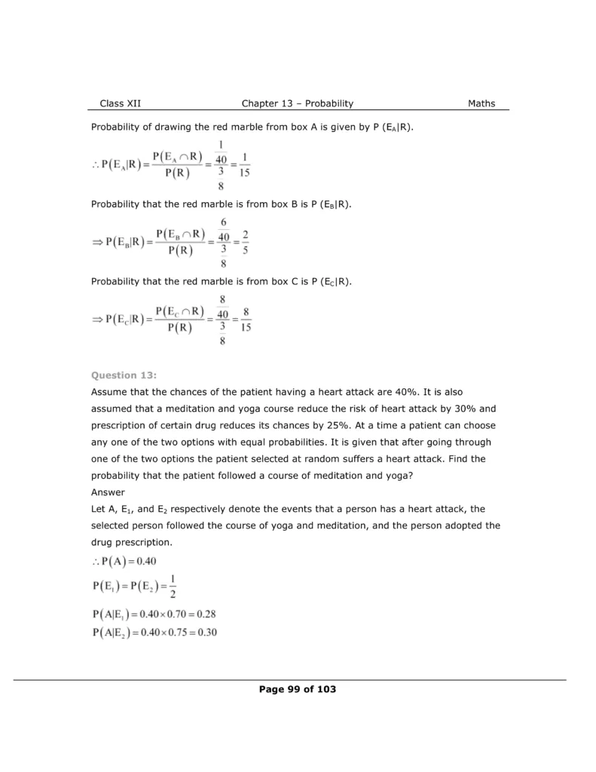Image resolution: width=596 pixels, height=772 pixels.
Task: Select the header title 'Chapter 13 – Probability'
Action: coord(297,103)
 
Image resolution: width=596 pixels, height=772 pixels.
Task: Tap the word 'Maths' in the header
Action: coord(481,103)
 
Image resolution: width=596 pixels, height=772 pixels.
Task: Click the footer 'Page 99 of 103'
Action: coord(297,689)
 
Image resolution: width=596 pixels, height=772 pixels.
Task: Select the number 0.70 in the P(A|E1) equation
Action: coord(167,614)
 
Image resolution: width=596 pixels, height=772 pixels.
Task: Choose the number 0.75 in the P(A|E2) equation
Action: coord(167,632)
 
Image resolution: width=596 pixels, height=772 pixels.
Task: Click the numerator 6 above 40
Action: coord(223,223)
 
